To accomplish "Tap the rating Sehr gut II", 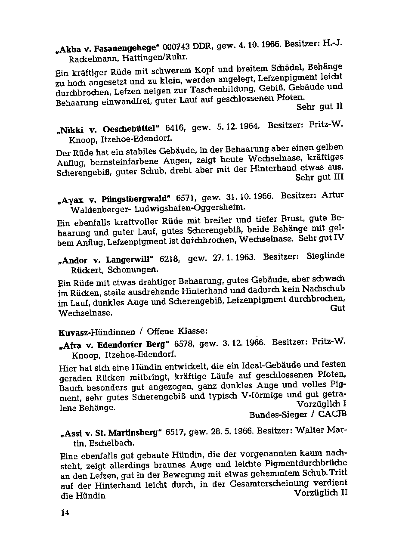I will [319, 106].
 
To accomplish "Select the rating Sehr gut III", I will [320, 177].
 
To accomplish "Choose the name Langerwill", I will [130, 260].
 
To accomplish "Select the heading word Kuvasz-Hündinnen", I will [96, 332].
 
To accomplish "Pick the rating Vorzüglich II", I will [320, 493].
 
